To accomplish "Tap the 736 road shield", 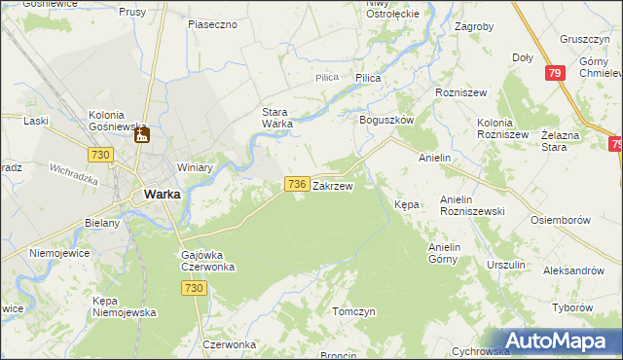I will (298, 184).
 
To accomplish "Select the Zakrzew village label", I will (333, 184).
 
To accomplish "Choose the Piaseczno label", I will (213, 23).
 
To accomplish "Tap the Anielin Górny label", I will (450, 253).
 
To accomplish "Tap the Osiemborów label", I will (562, 220).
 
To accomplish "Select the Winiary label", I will (195, 167).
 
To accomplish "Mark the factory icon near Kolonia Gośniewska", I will (141, 135).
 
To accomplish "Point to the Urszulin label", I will (506, 265).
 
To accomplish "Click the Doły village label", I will (523, 57).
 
